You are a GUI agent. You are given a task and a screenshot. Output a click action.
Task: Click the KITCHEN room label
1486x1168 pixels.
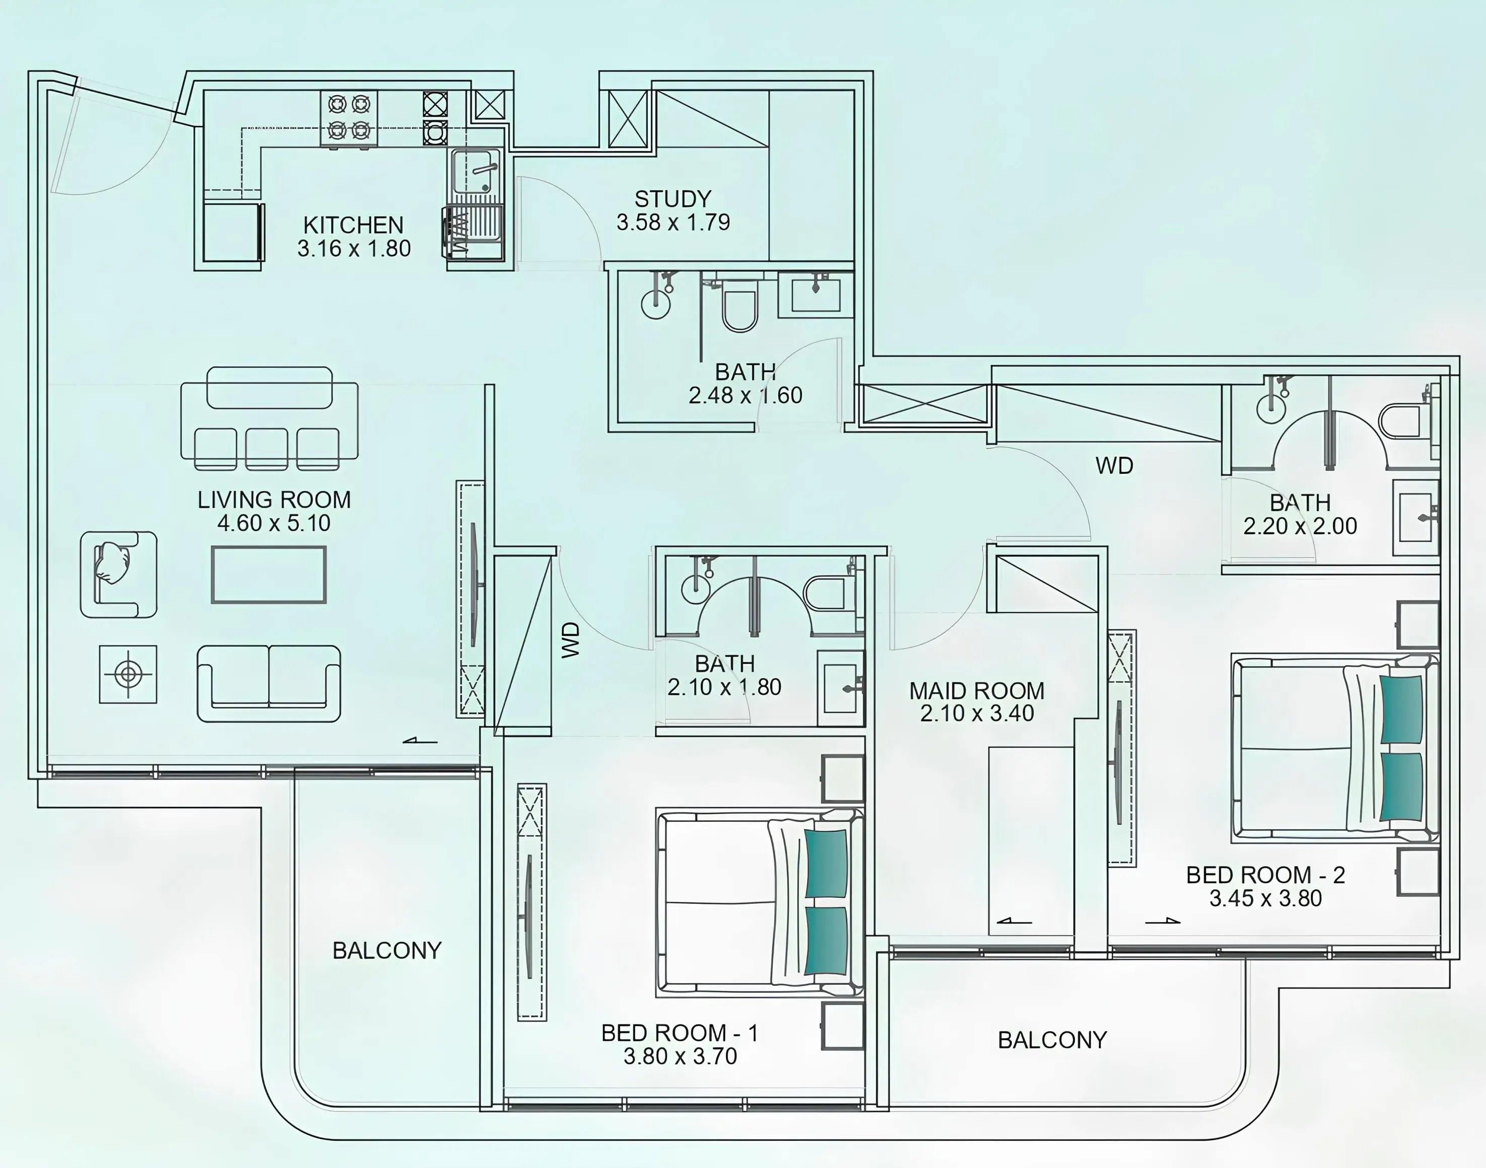coord(353,225)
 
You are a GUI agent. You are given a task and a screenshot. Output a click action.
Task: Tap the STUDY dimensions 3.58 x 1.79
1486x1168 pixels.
coord(673,222)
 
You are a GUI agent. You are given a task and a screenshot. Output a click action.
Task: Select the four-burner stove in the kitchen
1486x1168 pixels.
coord(349,118)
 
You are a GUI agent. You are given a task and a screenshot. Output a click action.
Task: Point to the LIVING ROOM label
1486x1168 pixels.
coord(274,500)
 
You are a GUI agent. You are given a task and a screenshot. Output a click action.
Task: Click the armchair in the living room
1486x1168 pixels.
coord(119,575)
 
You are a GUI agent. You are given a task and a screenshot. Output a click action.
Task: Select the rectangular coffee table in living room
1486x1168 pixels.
coord(269,575)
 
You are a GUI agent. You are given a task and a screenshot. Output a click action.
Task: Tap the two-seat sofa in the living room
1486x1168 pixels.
coord(269,683)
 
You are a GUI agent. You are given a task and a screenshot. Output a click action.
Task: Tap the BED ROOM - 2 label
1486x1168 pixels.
coord(1266,875)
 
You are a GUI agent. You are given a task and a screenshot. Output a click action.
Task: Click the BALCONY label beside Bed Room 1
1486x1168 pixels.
coord(387,951)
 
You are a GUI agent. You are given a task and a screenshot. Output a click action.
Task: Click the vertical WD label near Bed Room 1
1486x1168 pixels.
coord(571,640)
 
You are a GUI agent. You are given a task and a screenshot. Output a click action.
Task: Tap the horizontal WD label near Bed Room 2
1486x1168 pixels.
coord(1114,466)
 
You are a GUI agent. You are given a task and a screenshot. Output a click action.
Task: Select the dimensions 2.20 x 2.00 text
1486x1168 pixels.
coord(1300,526)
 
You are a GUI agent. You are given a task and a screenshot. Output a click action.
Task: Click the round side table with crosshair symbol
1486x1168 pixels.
coord(128,674)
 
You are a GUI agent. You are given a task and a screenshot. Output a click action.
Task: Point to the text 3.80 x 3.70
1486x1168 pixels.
coord(680,1056)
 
